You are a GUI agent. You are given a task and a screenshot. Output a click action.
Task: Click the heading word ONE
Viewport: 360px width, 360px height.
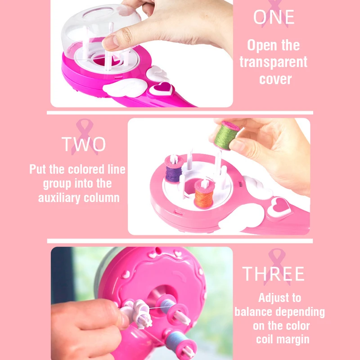[274, 18]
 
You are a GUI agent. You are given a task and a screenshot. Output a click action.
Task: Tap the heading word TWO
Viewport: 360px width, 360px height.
[84, 144]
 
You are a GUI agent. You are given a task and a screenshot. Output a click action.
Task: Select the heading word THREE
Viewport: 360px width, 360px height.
[274, 274]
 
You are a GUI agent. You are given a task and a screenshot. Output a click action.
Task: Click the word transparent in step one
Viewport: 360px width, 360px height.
[274, 62]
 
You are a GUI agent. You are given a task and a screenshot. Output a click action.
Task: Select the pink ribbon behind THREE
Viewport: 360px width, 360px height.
[275, 265]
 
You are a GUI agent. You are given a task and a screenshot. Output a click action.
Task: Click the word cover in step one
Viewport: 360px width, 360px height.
[275, 79]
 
